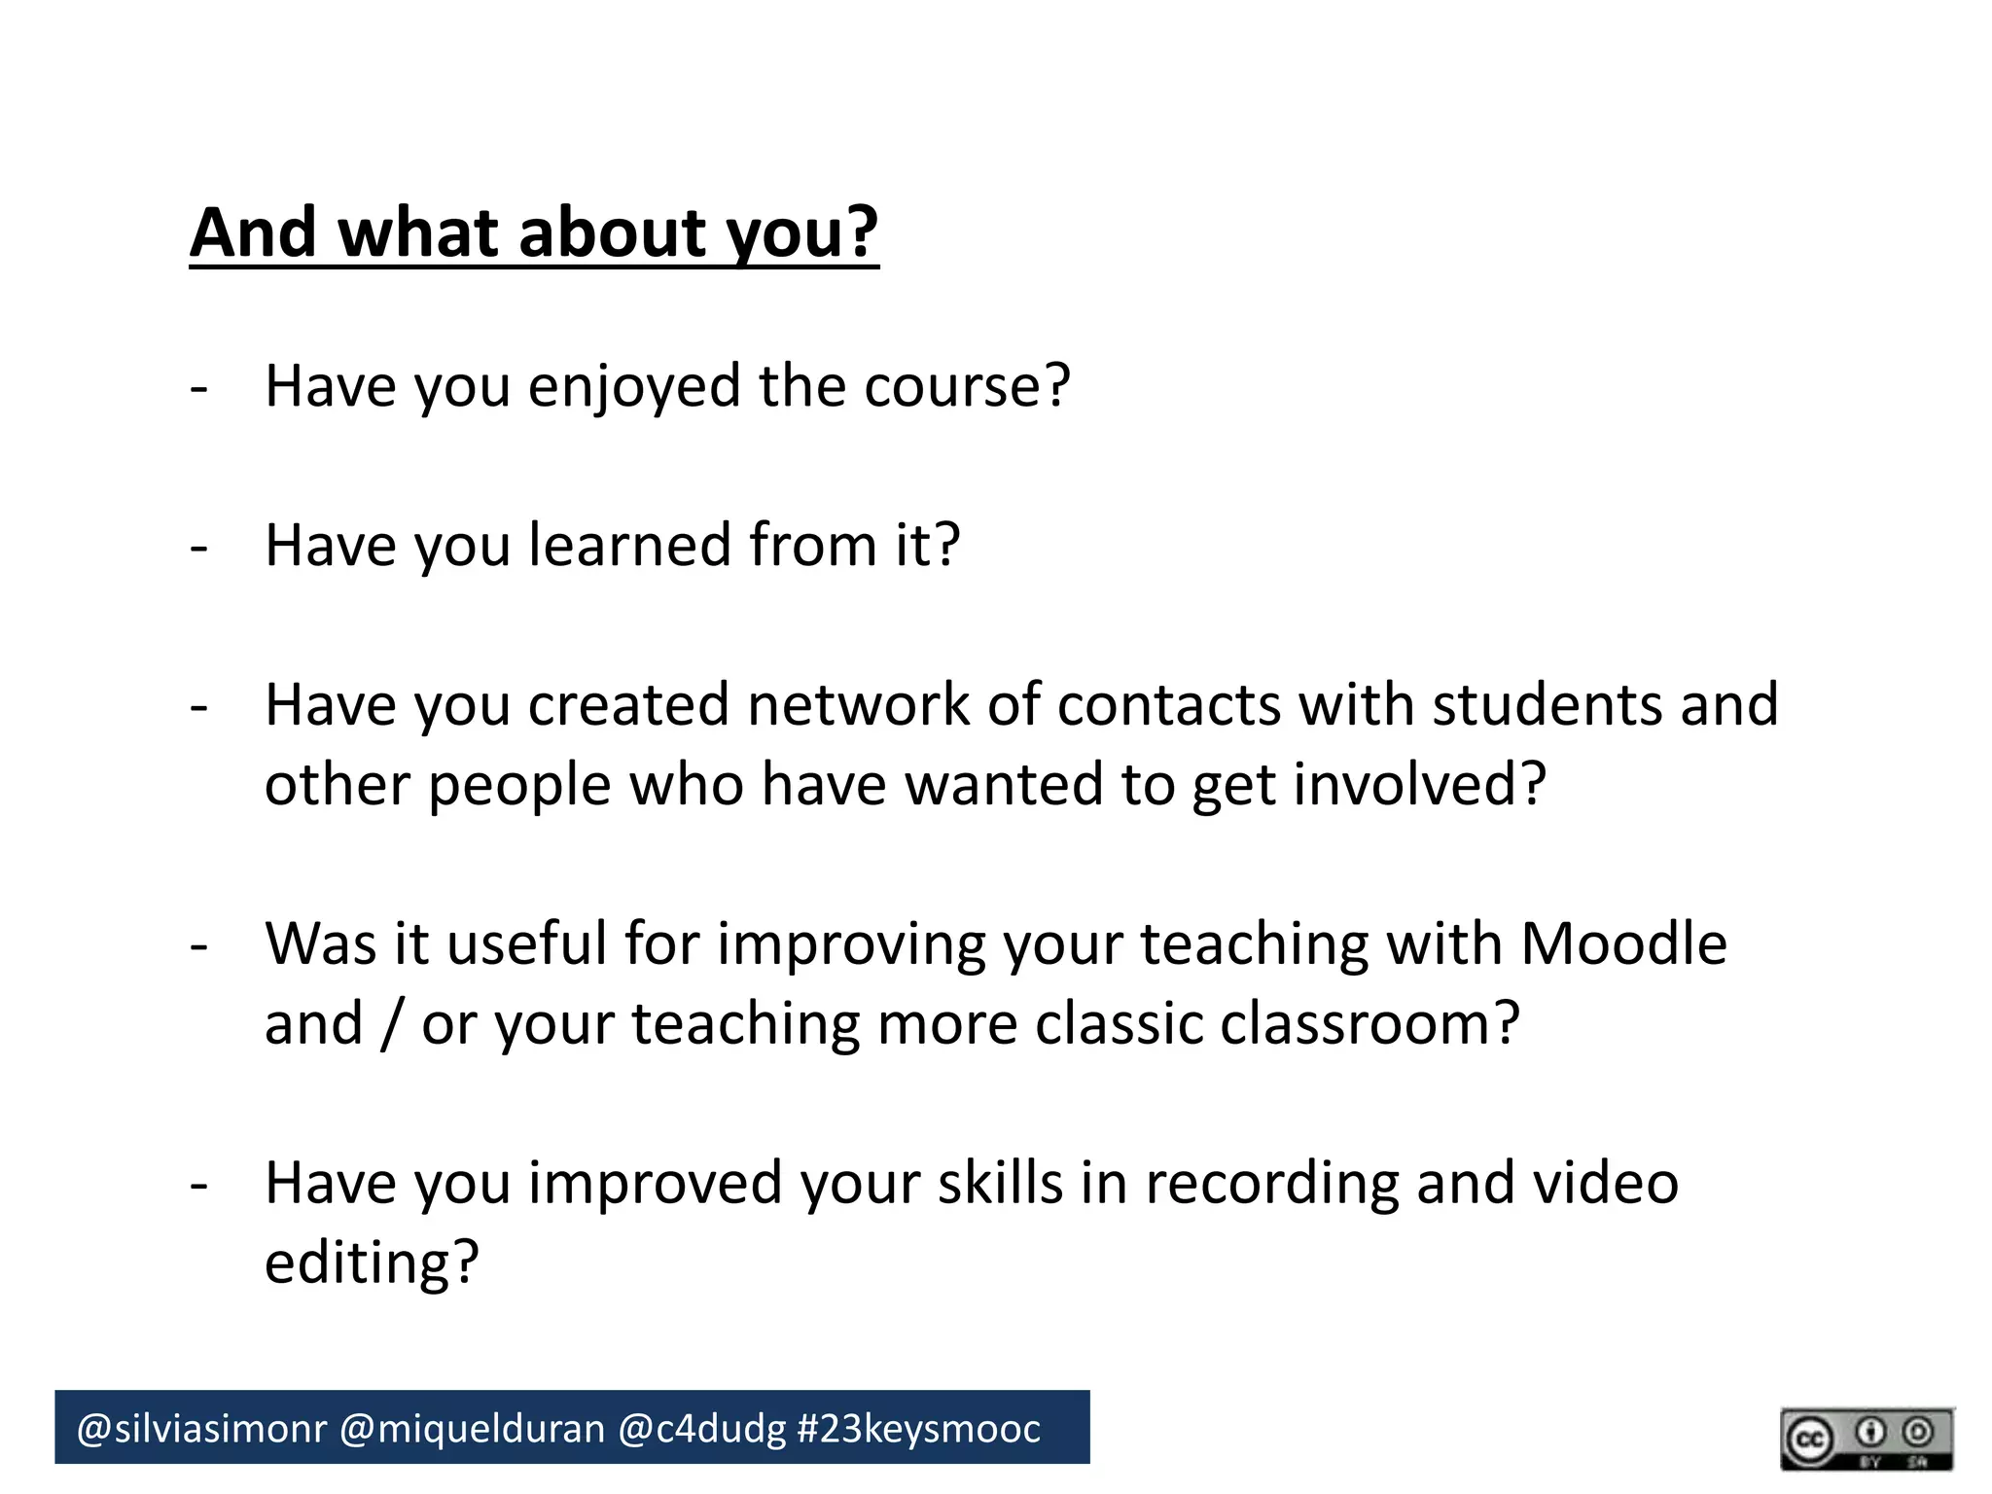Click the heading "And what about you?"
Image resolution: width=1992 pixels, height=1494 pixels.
click(x=534, y=233)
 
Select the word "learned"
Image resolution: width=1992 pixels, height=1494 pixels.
click(x=629, y=545)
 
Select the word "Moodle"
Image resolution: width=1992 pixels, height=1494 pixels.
click(x=1623, y=943)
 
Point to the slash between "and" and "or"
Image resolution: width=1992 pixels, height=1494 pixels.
click(x=391, y=1024)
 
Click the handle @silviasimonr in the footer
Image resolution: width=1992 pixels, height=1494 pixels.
click(x=201, y=1429)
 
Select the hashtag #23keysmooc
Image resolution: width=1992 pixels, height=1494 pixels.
click(x=918, y=1429)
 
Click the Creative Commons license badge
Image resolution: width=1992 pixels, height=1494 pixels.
click(x=1867, y=1439)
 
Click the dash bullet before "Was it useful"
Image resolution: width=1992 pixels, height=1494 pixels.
click(x=199, y=945)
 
